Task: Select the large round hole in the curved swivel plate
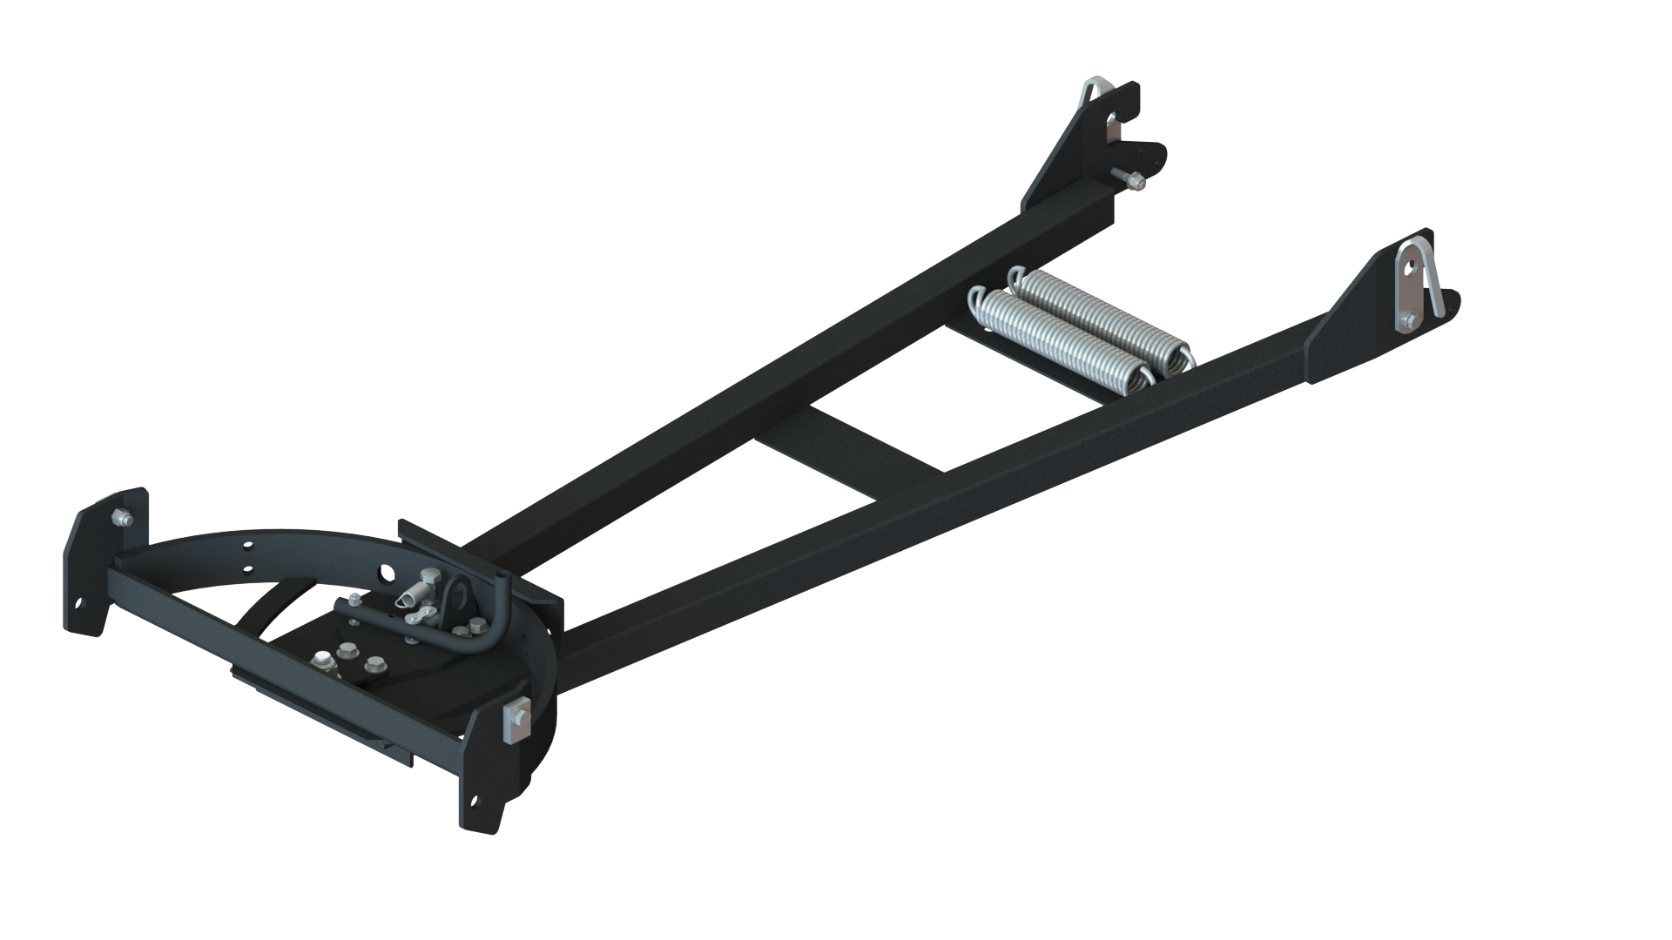[x=387, y=573]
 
